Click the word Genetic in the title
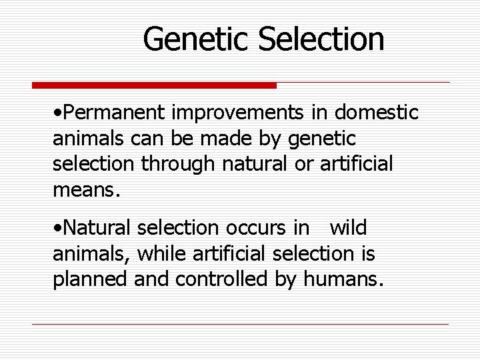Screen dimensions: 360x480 point(197,39)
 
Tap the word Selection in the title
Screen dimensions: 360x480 point(321,39)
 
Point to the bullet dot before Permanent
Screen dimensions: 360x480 point(55,114)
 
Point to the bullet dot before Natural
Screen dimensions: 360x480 point(55,229)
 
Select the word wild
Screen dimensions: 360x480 point(348,229)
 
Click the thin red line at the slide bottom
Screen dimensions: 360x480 point(240,324)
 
